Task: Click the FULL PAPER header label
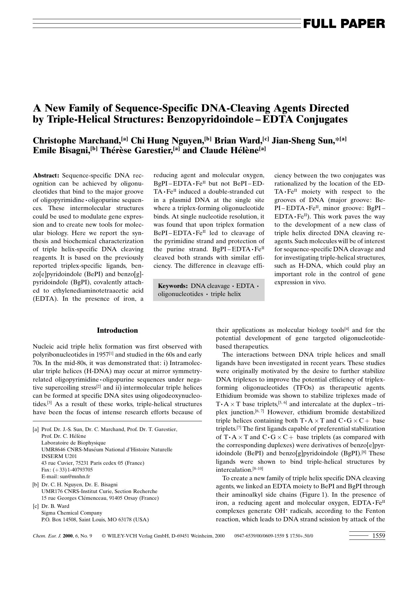point(344,24)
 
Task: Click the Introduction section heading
point(117,330)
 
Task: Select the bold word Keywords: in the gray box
point(173,286)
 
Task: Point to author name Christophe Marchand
point(77,141)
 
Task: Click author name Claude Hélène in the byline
point(229,150)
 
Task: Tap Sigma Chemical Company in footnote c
point(71,513)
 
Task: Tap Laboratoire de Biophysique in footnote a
point(73,443)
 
